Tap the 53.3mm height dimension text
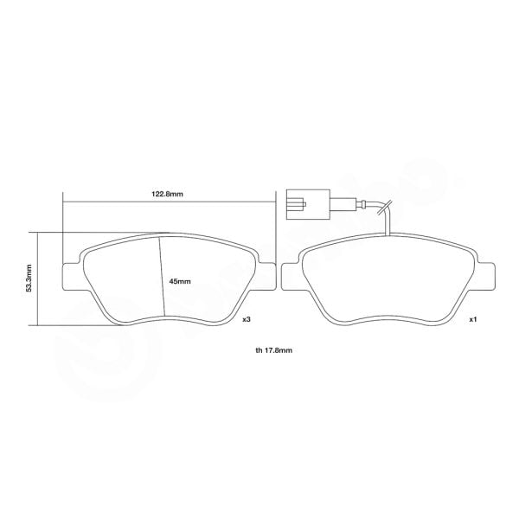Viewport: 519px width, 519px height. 29,279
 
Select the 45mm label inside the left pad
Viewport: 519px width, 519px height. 180,281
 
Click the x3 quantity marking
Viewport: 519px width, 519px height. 247,319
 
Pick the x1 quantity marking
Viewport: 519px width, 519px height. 473,319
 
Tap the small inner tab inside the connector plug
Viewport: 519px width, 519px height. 298,205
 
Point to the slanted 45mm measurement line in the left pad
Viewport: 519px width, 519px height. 161,277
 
